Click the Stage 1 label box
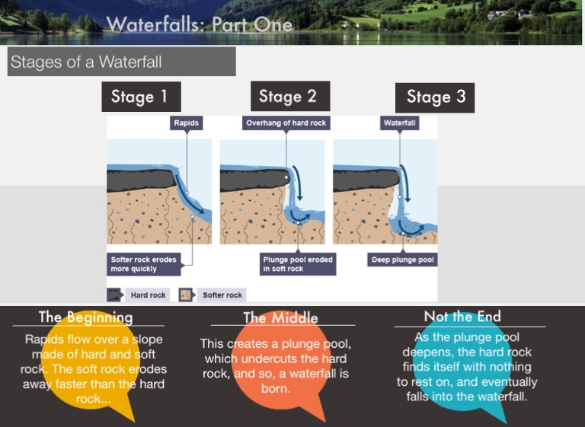141,97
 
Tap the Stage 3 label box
435,97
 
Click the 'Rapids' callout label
186,122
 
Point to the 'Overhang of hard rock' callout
286,122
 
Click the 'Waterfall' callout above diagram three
398,122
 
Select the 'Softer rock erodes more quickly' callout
145,264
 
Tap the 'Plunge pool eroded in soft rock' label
298,264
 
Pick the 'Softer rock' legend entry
213,295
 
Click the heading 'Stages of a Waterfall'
86,62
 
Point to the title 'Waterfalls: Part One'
200,24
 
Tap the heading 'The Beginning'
85,317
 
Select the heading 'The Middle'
280,317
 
